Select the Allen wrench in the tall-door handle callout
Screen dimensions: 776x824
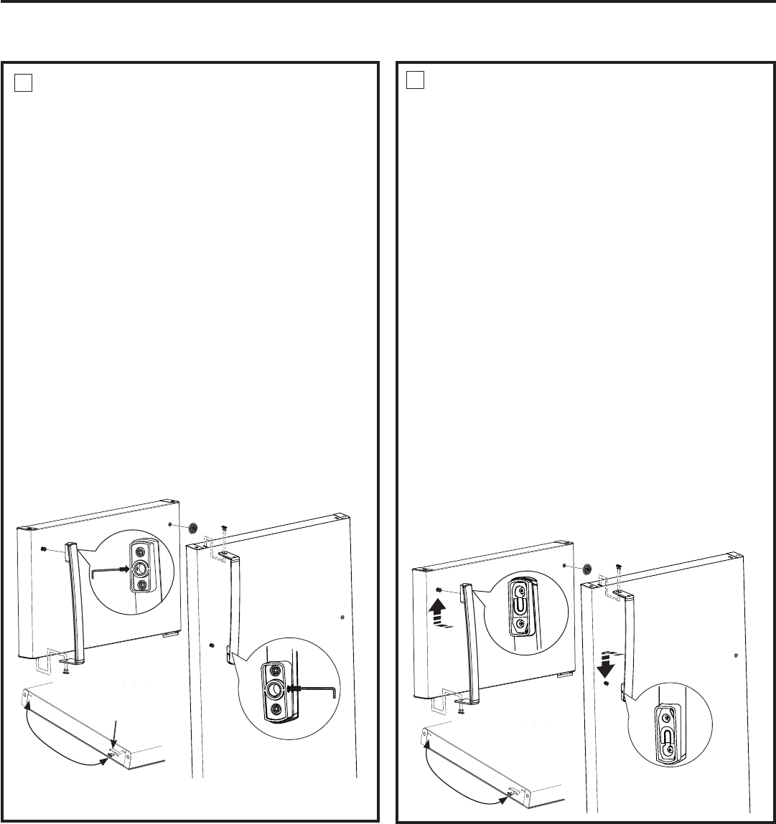(315, 688)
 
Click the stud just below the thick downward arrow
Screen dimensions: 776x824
(607, 684)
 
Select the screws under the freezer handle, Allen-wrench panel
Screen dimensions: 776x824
(66, 669)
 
